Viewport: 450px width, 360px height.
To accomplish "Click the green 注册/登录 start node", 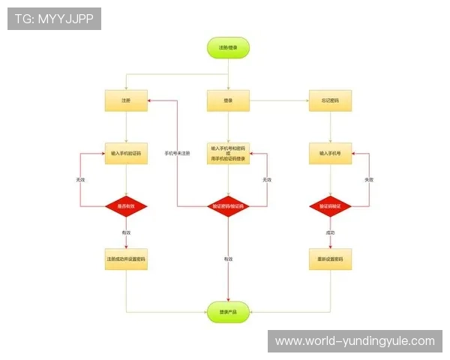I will click(228, 48).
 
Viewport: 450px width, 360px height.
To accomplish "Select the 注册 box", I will click(126, 100).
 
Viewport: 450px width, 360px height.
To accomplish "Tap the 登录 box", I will click(228, 100).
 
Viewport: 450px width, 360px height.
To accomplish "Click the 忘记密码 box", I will click(330, 100).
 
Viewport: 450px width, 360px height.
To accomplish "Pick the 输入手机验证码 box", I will click(126, 153).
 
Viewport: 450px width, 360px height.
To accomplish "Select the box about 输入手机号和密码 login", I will click(228, 153).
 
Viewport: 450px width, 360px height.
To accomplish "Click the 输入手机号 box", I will click(330, 153).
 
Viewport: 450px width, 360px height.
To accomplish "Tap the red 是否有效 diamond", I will click(126, 205).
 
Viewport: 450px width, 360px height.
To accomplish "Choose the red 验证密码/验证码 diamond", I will click(228, 205).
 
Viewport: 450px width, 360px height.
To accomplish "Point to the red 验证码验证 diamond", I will click(330, 205).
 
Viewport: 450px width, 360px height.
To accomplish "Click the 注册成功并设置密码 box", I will click(126, 259).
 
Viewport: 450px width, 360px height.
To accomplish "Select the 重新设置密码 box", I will click(330, 259).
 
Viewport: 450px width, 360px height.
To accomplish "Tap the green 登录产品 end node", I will click(228, 312).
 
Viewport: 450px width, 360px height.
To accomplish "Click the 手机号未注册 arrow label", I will click(177, 153).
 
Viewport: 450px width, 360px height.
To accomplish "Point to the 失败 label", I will click(368, 180).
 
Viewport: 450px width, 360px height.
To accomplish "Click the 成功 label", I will click(330, 233).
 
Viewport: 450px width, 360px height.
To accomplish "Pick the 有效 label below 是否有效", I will click(126, 233).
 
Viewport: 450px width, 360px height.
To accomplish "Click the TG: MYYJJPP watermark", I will click(54, 19).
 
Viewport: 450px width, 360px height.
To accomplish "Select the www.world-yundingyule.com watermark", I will click(354, 341).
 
